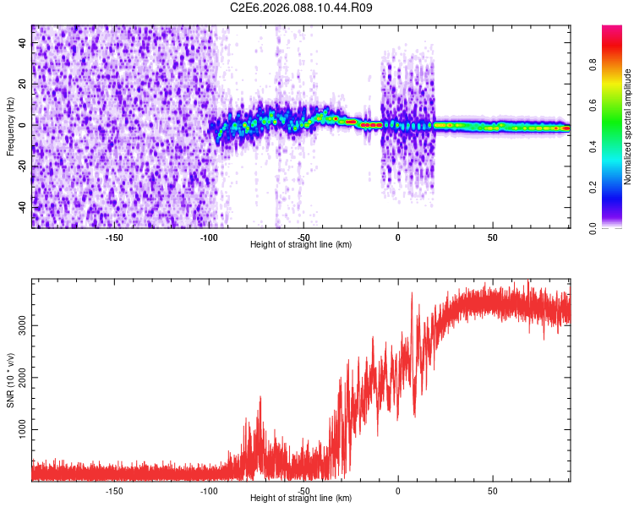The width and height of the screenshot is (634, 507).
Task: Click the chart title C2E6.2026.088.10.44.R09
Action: coord(301,8)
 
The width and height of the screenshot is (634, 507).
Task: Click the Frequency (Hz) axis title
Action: coord(9,127)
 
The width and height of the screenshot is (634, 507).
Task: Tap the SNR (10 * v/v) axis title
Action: coord(9,380)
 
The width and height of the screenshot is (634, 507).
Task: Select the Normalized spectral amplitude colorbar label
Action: coord(628,127)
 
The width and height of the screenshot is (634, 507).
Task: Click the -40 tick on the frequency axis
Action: coord(23,206)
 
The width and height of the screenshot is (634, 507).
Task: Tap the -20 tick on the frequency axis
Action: coord(23,166)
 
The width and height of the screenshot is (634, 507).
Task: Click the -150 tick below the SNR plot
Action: coord(114,490)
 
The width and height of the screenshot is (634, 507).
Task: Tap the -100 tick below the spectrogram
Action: coord(209,237)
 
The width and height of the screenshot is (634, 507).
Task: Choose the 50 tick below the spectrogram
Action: coord(492,237)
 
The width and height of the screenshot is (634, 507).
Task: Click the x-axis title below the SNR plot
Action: coord(301,499)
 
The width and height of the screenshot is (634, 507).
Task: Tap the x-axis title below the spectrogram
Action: coord(301,244)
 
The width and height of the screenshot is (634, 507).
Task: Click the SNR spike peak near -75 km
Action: coord(260,398)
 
